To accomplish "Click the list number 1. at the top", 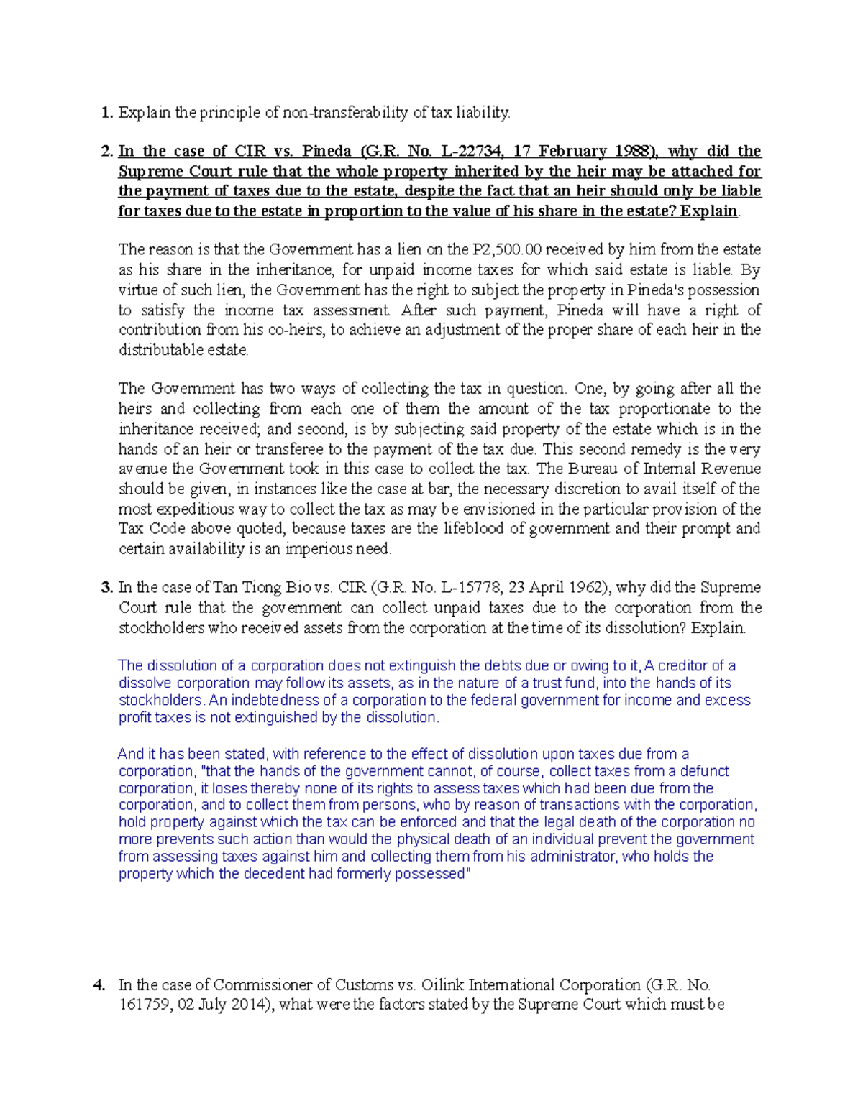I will [x=107, y=113].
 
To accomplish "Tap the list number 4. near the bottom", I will [x=100, y=985].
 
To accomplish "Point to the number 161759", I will [x=144, y=1005].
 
